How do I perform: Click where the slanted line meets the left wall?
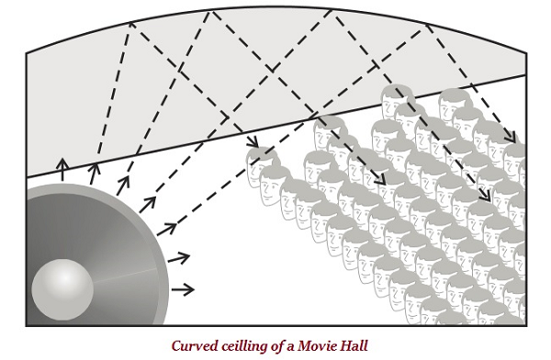pyautogui.click(x=27, y=176)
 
